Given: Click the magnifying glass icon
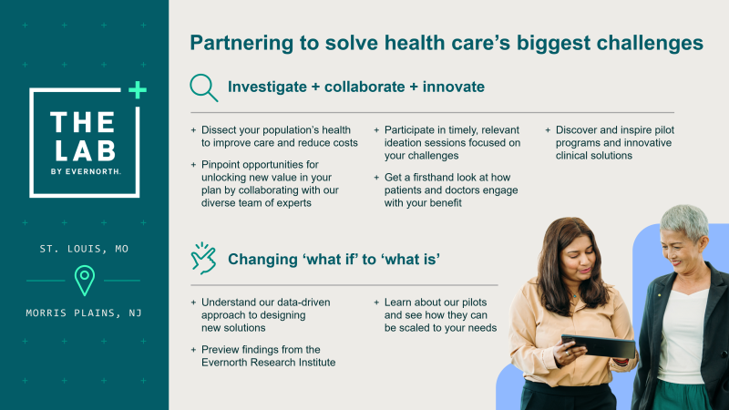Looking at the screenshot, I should coord(203,87).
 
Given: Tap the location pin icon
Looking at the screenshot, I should coord(85,280).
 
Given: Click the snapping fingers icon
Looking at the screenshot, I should coord(203,258).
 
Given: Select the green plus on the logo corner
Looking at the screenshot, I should coord(136,89).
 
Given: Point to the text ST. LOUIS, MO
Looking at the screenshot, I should coord(84,248).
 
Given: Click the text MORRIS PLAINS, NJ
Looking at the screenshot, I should coord(84,313).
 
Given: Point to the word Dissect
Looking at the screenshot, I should coord(221,129).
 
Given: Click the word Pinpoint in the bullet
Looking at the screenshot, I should coord(224,164).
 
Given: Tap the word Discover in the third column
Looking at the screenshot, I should coord(584,129).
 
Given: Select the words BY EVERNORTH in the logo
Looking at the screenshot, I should coord(83,169).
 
